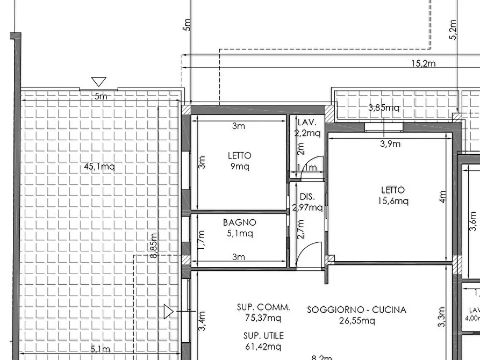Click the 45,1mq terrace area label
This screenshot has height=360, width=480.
coord(99,167)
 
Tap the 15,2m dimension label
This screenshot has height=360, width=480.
coord(423,63)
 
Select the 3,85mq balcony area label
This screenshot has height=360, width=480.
coord(383,107)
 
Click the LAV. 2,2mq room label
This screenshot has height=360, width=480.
coord(308,128)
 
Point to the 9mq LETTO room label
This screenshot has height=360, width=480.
coord(239,161)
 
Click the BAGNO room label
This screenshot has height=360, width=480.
coord(239,222)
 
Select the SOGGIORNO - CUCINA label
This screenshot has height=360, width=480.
coord(356,310)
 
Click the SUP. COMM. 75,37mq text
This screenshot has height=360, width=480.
coord(263,313)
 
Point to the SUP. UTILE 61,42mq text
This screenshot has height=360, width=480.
coord(262,341)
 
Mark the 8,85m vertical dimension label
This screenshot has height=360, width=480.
coord(154,246)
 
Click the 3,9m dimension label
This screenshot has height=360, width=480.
coord(390,143)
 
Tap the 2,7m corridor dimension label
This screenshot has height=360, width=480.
coord(300,229)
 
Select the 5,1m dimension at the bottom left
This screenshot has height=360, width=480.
coord(101,349)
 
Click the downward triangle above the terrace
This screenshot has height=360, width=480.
coord(98,82)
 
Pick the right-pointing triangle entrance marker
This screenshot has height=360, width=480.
coord(168,311)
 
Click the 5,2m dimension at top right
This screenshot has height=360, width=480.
coord(453,30)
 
